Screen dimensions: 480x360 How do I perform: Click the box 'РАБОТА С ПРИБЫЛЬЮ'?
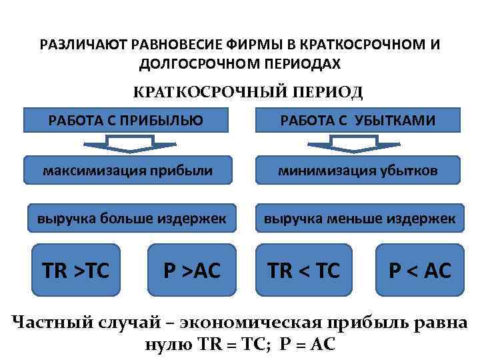(126, 120)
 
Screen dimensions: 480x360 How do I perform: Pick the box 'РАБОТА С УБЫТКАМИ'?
(357, 120)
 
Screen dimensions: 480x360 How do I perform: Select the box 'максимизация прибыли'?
(128, 171)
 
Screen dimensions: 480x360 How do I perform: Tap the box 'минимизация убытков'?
(358, 171)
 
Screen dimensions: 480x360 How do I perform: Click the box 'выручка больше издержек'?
(131, 218)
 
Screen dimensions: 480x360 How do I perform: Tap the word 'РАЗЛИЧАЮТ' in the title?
(83, 45)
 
